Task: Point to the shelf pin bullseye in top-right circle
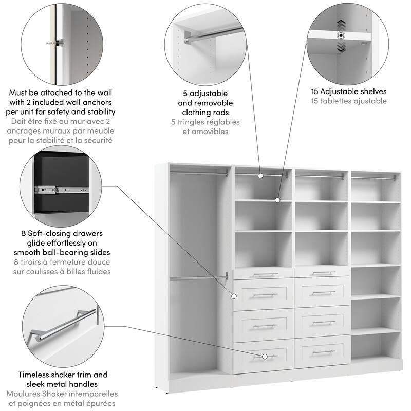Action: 340,35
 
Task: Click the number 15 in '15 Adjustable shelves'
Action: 315,91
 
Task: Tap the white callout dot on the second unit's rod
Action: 260,175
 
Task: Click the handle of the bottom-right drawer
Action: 323,353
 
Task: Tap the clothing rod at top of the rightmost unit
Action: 373,178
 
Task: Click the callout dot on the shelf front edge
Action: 277,200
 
